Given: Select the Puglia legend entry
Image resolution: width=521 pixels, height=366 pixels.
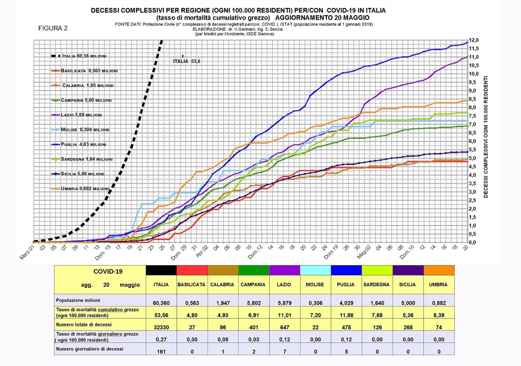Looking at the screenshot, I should (83, 144).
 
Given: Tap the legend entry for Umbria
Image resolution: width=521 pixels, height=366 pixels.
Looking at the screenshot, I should (85, 189).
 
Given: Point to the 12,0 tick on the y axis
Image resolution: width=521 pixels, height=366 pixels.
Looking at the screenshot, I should (474, 40).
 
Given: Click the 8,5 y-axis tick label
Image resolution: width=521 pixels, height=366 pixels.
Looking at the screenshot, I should (474, 99).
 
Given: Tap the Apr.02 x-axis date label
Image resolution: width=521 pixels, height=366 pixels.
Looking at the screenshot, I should (202, 252).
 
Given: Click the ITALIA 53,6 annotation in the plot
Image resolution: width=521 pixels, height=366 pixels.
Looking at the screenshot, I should (187, 61).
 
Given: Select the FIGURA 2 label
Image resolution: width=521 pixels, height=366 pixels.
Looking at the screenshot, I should (53, 28).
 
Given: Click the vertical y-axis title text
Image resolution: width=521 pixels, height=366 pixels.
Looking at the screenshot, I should (486, 137).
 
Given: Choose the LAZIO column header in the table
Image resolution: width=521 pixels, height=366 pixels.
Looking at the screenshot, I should (284, 285).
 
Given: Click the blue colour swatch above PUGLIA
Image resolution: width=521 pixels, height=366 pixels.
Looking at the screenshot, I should (346, 270).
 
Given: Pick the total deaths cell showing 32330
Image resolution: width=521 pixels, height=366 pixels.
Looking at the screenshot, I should (161, 327).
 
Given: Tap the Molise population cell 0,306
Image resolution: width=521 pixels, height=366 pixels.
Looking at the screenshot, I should (315, 303).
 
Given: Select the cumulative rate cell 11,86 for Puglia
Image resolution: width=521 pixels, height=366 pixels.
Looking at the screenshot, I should (346, 315).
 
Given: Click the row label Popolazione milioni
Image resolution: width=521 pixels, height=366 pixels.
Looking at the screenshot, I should (78, 300).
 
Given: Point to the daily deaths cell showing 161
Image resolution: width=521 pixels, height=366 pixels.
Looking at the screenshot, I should (161, 352).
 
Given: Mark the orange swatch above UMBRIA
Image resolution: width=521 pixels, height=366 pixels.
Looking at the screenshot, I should (439, 270).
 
